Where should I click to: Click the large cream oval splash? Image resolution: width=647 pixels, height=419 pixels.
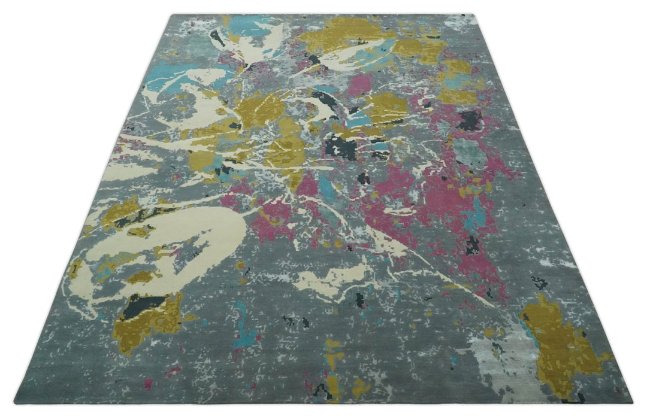180,239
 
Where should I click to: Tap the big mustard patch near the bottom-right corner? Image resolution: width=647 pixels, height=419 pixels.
560,347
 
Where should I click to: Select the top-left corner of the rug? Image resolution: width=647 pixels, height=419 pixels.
172,15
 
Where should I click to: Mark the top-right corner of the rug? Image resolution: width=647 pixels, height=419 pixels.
477,15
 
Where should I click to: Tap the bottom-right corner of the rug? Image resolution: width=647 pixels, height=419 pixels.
632,402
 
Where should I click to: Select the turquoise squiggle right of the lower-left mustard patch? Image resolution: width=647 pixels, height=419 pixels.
243,329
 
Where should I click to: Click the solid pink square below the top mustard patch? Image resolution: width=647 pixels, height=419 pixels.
359,84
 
